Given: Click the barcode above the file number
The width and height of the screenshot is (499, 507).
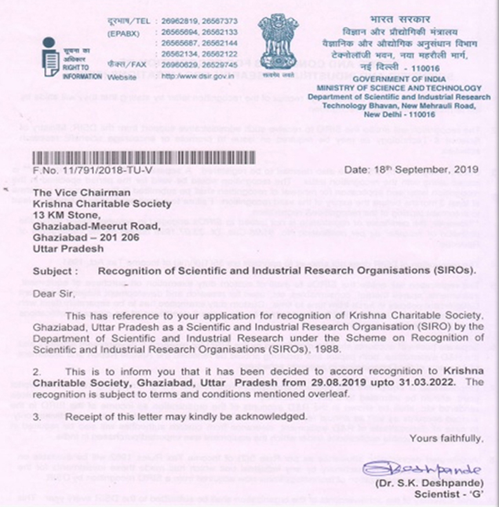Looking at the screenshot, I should tap(144, 158).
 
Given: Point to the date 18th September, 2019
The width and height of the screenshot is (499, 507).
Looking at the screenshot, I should tap(411, 170).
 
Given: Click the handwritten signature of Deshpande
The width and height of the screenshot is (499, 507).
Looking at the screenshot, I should tap(421, 470).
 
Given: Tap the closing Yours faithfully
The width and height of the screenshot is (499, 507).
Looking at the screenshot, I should tap(445, 439).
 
